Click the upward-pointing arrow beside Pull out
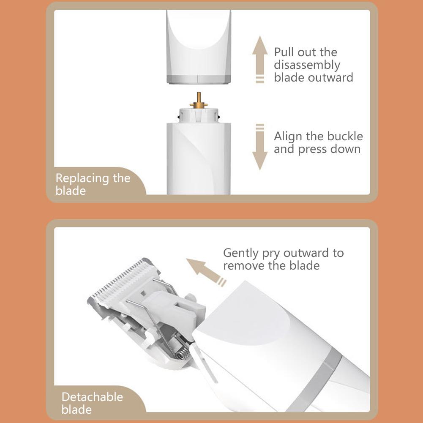point(260,59)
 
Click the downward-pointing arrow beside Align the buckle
point(260,147)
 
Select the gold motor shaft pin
point(199,100)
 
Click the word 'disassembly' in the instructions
point(307,65)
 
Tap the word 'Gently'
point(240,254)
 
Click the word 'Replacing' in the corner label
point(82,179)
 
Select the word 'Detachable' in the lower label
point(92,397)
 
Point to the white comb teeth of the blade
point(122,281)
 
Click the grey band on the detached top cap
point(199,79)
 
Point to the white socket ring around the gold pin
point(199,115)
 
